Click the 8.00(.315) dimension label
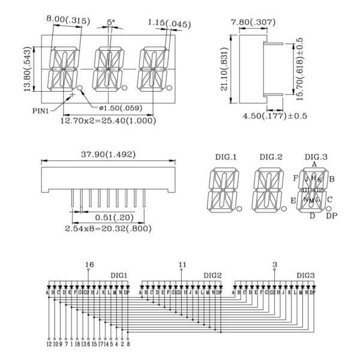pyautogui.click(x=67, y=20)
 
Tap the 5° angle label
pyautogui.click(x=111, y=22)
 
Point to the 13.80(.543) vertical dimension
pyautogui.click(x=27, y=71)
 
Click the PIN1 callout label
pyautogui.click(x=41, y=110)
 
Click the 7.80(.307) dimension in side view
pyautogui.click(x=253, y=22)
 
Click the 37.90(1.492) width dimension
pyautogui.click(x=108, y=154)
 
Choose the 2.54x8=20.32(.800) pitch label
pyautogui.click(x=108, y=229)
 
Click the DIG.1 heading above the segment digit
pyautogui.click(x=226, y=157)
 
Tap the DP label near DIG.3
pyautogui.click(x=331, y=216)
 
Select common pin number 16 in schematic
pyautogui.click(x=90, y=264)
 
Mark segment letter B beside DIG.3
pyautogui.click(x=332, y=178)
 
